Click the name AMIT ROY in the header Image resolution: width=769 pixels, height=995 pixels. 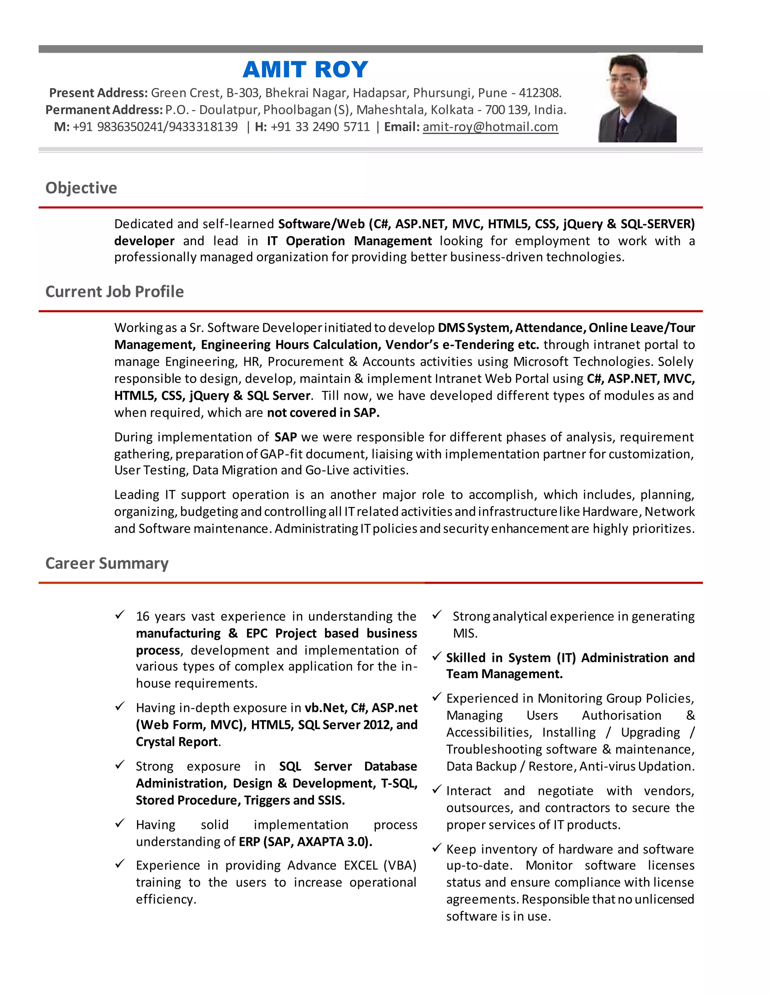(305, 70)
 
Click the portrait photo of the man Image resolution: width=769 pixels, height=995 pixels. (637, 98)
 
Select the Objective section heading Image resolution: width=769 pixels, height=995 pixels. (81, 188)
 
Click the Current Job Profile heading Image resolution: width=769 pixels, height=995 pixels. (115, 292)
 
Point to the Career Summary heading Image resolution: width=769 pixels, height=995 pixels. (107, 563)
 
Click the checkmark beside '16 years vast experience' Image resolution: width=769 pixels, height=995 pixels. (120, 615)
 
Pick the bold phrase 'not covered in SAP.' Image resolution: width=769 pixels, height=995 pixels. (323, 413)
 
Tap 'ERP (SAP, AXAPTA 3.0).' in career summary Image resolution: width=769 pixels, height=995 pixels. (305, 841)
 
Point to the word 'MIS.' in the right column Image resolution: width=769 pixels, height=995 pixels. (465, 633)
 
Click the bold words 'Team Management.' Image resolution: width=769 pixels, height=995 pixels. (504, 674)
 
